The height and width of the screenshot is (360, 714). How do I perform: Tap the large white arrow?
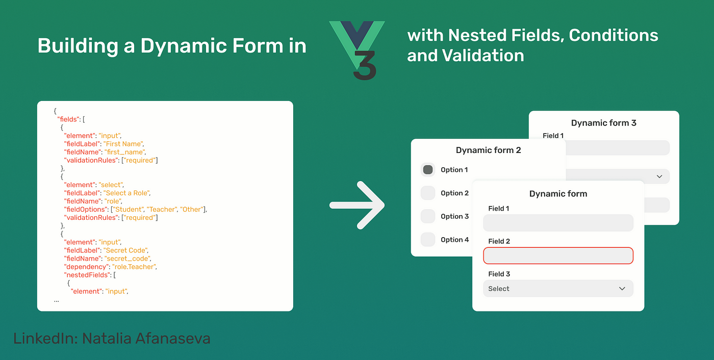coord(357,205)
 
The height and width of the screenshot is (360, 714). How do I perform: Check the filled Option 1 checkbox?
coord(428,169)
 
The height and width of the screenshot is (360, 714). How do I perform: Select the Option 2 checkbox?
coord(428,193)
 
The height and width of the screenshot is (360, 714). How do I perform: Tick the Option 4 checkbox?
coord(428,239)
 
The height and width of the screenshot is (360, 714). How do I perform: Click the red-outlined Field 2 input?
coord(558,255)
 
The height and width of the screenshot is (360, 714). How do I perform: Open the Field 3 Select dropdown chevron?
coord(622,289)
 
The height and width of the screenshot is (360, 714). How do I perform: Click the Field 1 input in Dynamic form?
coord(558,223)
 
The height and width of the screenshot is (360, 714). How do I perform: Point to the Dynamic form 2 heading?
coord(489,150)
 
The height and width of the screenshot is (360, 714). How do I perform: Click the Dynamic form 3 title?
coord(604,123)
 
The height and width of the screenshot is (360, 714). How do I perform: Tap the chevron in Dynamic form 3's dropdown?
coord(659,176)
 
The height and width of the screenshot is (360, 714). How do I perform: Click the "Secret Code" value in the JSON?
coord(126,250)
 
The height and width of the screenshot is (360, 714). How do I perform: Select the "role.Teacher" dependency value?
coord(134,267)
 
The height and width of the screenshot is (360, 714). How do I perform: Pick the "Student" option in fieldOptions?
coord(128,209)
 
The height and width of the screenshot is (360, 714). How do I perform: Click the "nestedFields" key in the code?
coord(87,275)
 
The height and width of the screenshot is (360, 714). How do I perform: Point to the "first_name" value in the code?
coord(125,152)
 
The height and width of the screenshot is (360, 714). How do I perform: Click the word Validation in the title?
coord(483,56)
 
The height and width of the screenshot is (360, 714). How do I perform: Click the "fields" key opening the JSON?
coord(68,119)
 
